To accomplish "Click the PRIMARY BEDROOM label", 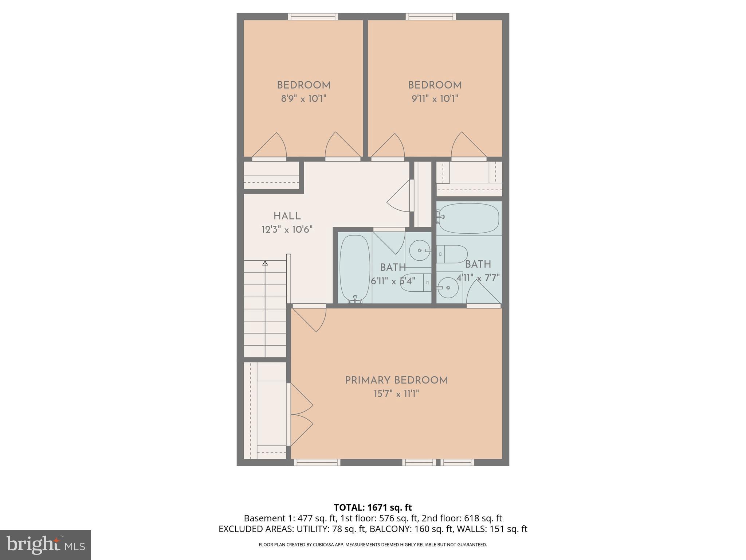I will [396, 380].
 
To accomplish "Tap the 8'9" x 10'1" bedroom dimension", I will [303, 99].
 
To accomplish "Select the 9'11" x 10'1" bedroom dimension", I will [435, 99].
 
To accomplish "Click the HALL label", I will [287, 216].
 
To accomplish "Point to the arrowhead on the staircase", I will [265, 263].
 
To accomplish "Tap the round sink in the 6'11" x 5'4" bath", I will [419, 250].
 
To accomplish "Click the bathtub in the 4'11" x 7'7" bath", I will [469, 218].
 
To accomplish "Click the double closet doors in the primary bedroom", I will [301, 415].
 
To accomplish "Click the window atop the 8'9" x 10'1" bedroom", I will [313, 16].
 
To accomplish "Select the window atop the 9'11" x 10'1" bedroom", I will [431, 16].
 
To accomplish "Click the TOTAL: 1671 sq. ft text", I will [373, 507].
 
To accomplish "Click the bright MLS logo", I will [46, 545].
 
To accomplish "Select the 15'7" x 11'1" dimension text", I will [396, 394].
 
